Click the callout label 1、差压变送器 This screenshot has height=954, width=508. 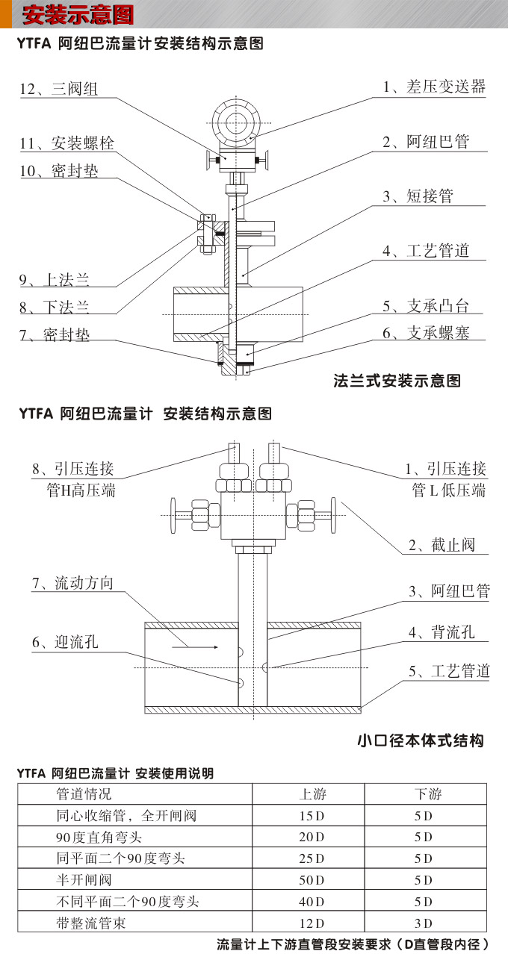434,87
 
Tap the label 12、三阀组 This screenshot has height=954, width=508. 58,90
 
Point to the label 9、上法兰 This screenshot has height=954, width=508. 54,281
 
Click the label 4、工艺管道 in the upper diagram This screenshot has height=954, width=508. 426,251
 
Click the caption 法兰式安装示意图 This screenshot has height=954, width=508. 397,381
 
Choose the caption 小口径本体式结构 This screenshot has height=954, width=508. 420,741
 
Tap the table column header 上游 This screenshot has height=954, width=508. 312,794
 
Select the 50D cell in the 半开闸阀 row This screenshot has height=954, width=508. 312,880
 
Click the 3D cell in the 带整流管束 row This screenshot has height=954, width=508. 423,923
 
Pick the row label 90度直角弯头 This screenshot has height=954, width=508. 99,837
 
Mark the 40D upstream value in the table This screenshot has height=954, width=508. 312,902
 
